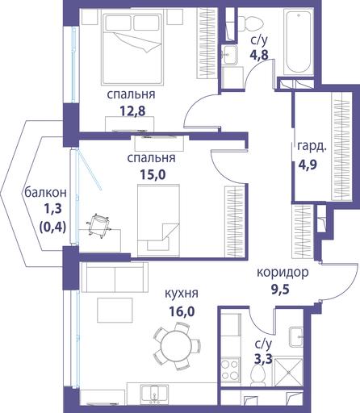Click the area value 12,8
[x=132, y=111]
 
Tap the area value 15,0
[x=153, y=175]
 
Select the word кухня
[x=182, y=294]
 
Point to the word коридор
[x=283, y=273]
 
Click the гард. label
[x=312, y=148]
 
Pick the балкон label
[x=45, y=193]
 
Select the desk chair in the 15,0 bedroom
[x=98, y=225]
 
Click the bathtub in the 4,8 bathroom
[x=299, y=41]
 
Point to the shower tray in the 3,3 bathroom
[x=288, y=372]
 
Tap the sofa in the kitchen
[x=115, y=277]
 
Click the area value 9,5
[x=280, y=290]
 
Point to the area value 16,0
[x=182, y=311]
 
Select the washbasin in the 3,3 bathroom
[x=296, y=336]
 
